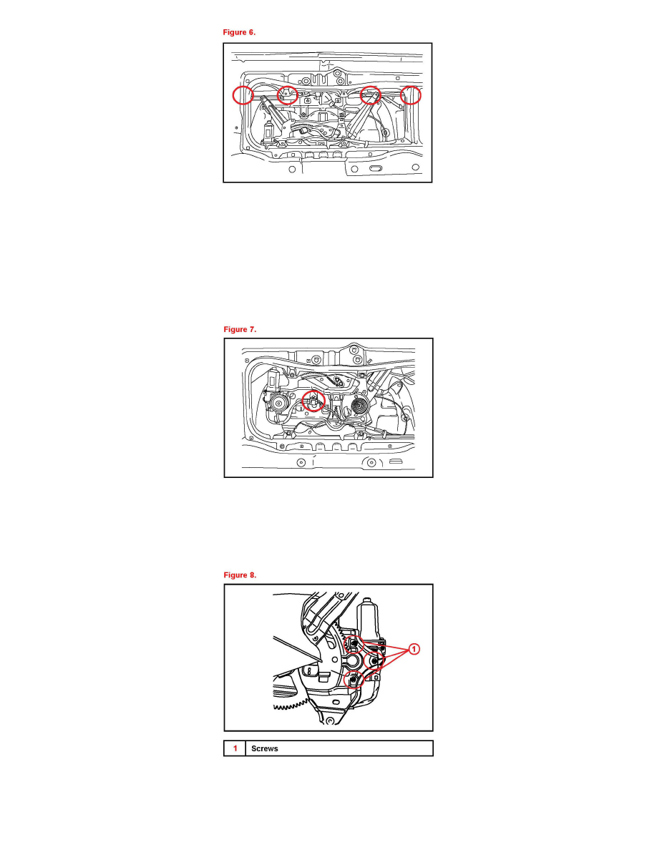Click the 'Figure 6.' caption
pos(239,32)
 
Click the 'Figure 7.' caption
pos(240,330)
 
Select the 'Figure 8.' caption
pos(240,575)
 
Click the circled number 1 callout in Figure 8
pos(414,649)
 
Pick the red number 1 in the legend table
pos(235,748)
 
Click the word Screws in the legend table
pos(265,748)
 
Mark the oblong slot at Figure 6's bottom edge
pos(376,169)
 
